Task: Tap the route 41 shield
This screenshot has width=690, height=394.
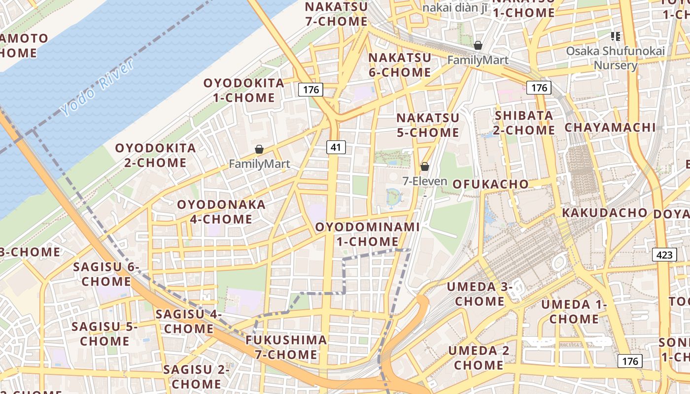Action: pos(336,147)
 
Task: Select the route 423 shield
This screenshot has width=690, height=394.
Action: pos(664,255)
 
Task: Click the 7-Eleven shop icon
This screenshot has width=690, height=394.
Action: pos(424,166)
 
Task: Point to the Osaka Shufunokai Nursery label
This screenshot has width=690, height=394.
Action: pos(615,58)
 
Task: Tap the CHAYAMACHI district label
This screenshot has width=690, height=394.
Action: pos(610,127)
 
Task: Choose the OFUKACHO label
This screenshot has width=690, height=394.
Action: pos(490,184)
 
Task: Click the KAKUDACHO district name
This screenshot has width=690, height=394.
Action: pos(604,213)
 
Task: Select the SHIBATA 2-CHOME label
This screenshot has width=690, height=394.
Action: pos(524,123)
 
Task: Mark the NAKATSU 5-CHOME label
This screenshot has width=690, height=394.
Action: pos(428,125)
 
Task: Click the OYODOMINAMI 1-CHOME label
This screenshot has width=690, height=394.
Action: pos(367,234)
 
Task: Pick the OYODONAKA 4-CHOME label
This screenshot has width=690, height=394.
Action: pos(221,211)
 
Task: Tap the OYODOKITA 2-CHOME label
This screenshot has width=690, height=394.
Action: pos(155,155)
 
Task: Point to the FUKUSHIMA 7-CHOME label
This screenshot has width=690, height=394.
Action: pos(286,347)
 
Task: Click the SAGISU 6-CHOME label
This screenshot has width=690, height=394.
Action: pos(106,274)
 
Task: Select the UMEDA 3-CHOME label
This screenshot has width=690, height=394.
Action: pos(480,294)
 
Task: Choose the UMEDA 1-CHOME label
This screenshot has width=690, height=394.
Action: pos(574,311)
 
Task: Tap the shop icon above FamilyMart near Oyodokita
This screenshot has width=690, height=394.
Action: pos(259,149)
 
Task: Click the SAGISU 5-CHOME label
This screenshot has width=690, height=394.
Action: pos(104,333)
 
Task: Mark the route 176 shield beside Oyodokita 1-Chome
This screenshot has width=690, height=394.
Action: pos(310,90)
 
